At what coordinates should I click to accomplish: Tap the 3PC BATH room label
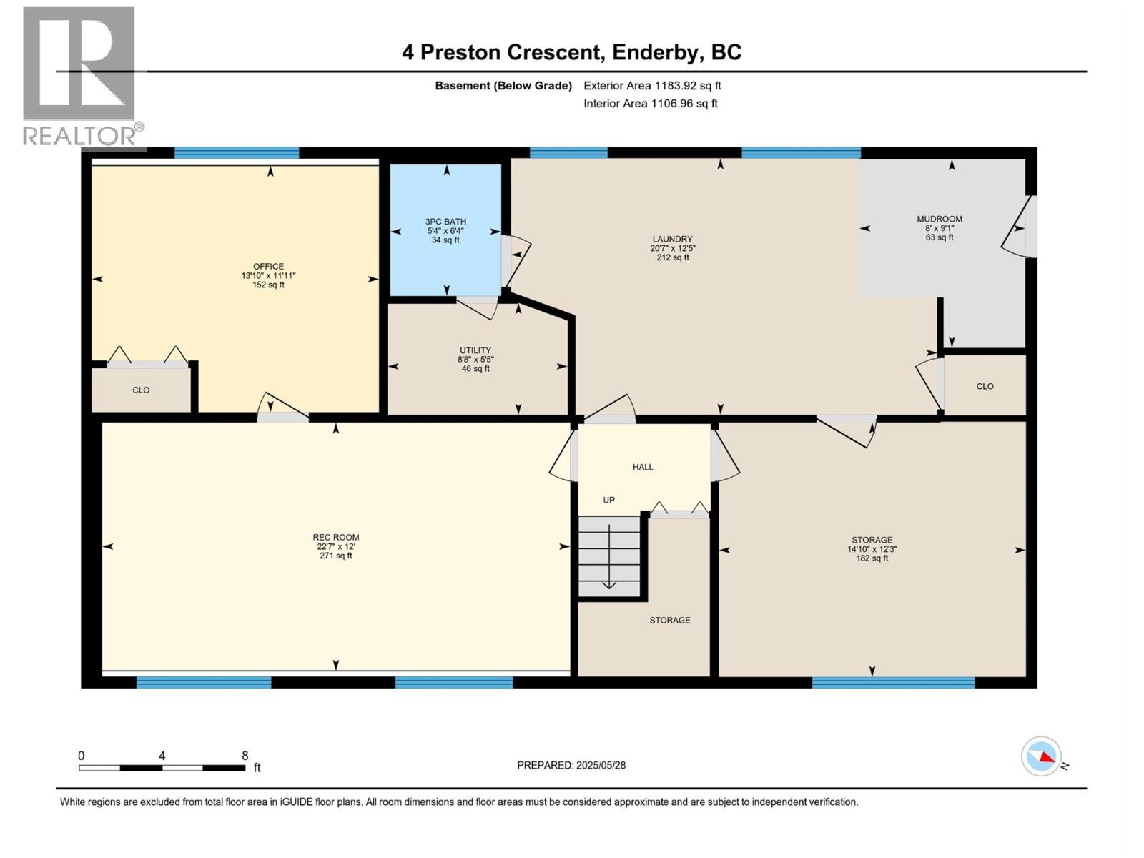click(x=445, y=222)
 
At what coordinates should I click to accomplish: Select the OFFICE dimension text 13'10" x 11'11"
click(x=268, y=276)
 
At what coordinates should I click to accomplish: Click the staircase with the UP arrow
click(x=609, y=556)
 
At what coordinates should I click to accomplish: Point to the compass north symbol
click(x=1042, y=756)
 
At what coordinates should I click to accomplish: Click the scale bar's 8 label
click(x=245, y=756)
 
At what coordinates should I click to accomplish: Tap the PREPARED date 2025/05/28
click(x=600, y=765)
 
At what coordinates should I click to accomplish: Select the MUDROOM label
click(x=940, y=219)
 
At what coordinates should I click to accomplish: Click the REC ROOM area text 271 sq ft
click(x=335, y=556)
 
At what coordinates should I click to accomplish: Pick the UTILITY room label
click(x=475, y=350)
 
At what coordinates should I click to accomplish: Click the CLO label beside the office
click(x=141, y=390)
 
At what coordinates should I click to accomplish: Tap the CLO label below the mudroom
click(x=985, y=386)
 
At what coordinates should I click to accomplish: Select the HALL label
click(x=643, y=467)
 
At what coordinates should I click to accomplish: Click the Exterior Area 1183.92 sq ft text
click(x=652, y=86)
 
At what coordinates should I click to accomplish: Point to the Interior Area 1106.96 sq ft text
click(x=650, y=104)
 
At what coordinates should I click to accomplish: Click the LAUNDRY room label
click(x=672, y=240)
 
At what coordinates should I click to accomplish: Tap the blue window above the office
click(x=237, y=152)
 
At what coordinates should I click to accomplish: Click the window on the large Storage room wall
click(x=893, y=683)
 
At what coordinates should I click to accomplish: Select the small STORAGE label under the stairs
click(x=670, y=621)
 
